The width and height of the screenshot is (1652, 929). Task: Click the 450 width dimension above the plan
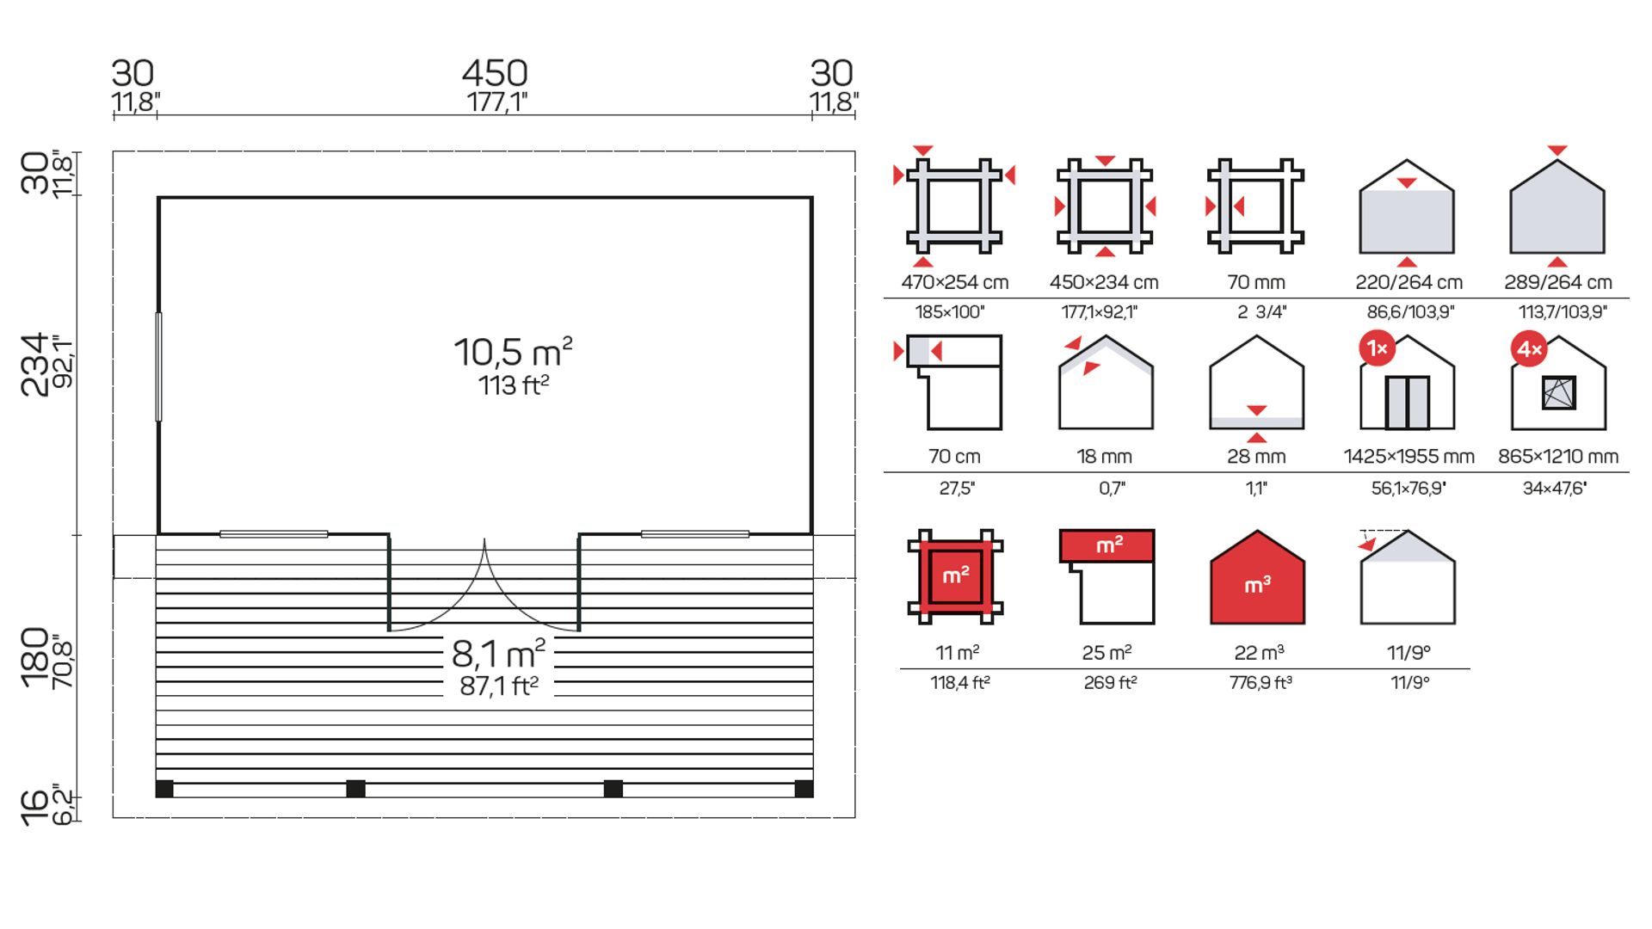(x=495, y=73)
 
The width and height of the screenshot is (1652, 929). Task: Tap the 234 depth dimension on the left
(x=35, y=365)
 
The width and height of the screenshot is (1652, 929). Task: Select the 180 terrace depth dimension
(x=35, y=657)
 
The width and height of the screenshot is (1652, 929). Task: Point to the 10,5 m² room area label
(x=513, y=352)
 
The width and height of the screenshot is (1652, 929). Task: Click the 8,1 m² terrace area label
(x=499, y=654)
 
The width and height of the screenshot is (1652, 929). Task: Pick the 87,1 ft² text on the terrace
(x=499, y=686)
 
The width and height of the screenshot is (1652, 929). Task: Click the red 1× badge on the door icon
(x=1377, y=348)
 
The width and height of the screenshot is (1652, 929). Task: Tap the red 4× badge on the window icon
(x=1529, y=349)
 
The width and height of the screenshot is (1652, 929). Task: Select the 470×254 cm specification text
(x=955, y=282)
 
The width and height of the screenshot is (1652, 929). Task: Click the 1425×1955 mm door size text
(x=1409, y=457)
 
